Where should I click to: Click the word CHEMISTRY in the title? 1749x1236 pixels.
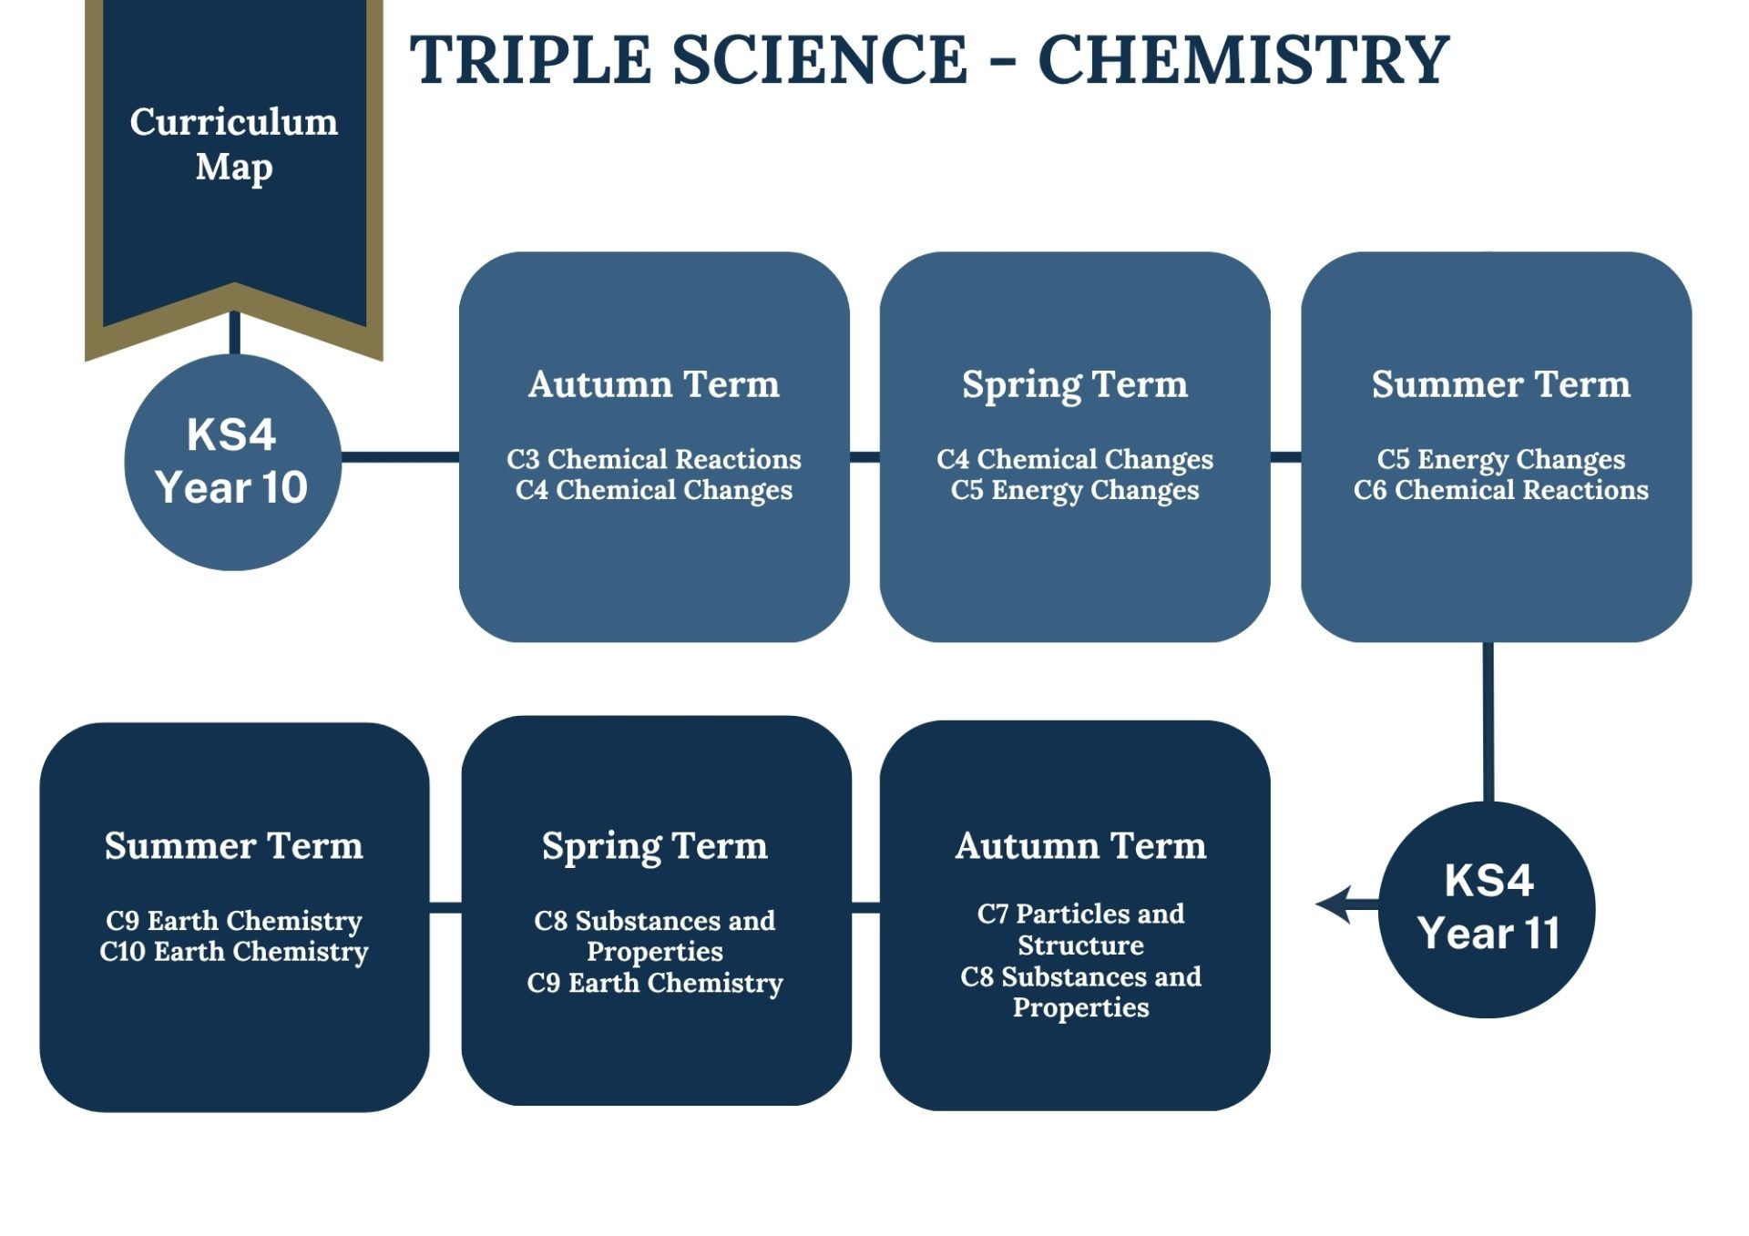click(x=1243, y=60)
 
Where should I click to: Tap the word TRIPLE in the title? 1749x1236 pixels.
click(x=531, y=60)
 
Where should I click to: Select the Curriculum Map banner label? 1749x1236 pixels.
click(x=234, y=145)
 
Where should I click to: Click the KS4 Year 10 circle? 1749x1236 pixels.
click(x=233, y=462)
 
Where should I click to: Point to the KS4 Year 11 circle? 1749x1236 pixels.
click(x=1488, y=909)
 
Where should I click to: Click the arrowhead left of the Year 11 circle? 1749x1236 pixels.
click(x=1335, y=904)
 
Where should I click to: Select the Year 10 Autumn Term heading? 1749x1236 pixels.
click(x=654, y=384)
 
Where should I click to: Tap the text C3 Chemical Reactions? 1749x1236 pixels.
click(x=654, y=459)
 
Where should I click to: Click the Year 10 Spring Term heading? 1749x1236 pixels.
click(x=1075, y=385)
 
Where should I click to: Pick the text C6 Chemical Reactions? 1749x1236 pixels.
click(x=1501, y=490)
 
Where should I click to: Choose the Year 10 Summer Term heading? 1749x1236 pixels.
click(x=1501, y=384)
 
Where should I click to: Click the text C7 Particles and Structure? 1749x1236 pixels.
click(x=1081, y=929)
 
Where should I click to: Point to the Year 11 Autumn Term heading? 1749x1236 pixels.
click(x=1081, y=846)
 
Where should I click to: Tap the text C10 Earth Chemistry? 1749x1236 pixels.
click(x=234, y=952)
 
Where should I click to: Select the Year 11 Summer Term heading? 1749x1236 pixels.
click(x=234, y=846)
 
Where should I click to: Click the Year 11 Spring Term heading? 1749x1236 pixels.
click(x=655, y=847)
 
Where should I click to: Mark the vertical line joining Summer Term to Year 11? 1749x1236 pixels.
click(x=1488, y=721)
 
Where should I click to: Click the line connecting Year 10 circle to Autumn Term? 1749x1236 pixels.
click(x=400, y=456)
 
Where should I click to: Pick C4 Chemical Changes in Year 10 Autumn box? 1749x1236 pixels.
click(x=654, y=490)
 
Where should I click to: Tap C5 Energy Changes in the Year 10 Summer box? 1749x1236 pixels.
click(x=1501, y=460)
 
